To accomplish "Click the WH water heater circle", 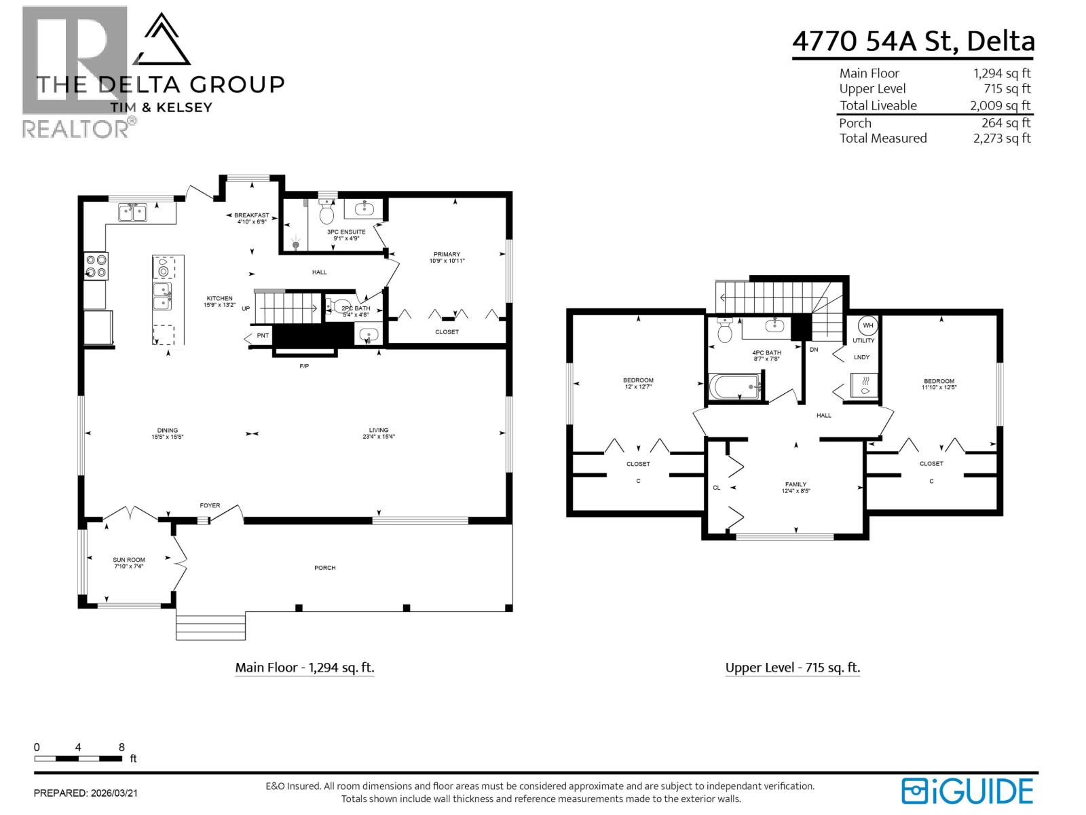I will (868, 325).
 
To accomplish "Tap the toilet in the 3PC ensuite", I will (326, 214).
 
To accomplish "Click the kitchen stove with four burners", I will (96, 266).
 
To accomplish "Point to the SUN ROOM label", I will (129, 563).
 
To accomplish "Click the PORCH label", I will (325, 568).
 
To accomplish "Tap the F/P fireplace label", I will (304, 367).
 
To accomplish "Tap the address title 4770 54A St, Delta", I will (914, 41).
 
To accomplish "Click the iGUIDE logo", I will (967, 791).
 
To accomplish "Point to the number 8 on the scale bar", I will (121, 747).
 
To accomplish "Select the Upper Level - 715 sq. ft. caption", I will (792, 668).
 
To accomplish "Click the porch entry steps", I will (210, 626).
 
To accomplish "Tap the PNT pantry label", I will (263, 336).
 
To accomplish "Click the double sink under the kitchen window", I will (133, 213).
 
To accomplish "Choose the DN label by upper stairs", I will (814, 350).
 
